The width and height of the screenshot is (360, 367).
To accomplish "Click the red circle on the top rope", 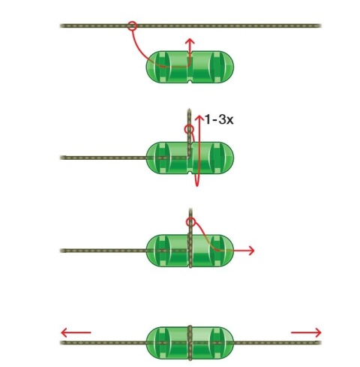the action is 132,26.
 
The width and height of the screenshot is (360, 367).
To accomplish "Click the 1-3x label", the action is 219,119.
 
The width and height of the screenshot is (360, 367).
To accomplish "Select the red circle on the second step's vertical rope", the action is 189,129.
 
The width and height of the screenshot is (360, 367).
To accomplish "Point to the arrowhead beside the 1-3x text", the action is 199,118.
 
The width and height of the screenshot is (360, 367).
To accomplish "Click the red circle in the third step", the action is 190,221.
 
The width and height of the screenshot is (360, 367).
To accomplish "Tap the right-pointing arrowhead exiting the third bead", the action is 251,251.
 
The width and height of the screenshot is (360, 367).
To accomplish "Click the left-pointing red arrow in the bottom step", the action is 76,332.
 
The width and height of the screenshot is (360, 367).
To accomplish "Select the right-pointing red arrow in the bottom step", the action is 306,332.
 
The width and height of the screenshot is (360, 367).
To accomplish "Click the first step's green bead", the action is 190,67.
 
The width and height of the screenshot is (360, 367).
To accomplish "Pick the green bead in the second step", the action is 190,158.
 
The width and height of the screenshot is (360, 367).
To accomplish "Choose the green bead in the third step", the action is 190,251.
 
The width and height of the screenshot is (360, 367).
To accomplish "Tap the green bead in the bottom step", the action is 190,343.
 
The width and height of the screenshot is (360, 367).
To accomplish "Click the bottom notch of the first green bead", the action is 190,82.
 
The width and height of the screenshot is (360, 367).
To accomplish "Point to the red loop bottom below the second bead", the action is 196,184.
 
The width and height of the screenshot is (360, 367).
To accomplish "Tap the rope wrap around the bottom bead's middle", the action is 190,343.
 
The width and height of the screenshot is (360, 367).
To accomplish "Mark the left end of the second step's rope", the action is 61,158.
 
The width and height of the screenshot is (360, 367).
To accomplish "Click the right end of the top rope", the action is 319,26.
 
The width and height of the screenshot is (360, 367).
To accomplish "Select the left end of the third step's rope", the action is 61,251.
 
